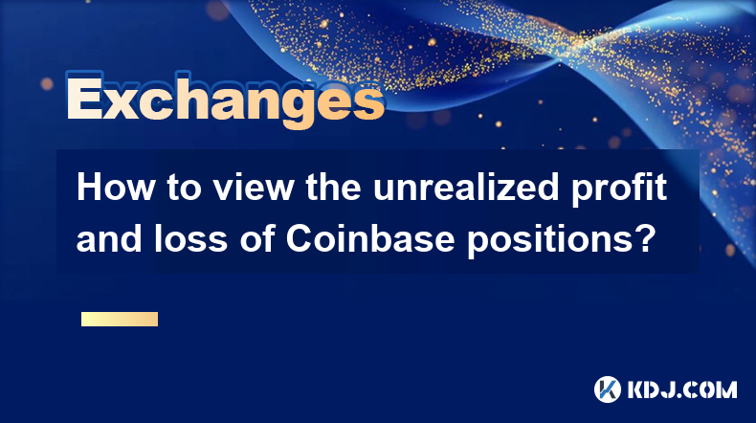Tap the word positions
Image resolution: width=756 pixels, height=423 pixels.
tap(547, 241)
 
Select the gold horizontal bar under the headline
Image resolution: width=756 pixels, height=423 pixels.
tap(120, 319)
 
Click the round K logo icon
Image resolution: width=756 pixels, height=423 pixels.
tap(608, 390)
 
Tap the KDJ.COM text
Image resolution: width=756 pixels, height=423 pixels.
tap(681, 390)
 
